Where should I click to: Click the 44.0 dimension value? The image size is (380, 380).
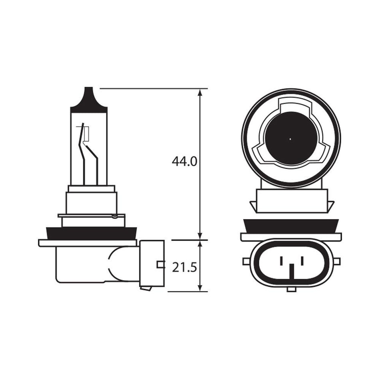tap(184, 161)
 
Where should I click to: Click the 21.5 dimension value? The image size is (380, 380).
tap(184, 267)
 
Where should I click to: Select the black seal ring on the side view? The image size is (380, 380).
tap(92, 233)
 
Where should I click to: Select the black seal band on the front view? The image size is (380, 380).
tap(291, 226)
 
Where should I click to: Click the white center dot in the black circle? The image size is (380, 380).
tap(290, 139)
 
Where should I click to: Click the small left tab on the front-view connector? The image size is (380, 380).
tap(246, 261)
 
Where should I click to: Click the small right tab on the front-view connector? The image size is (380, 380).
tap(336, 261)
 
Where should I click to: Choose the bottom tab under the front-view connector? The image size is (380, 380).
tap(292, 289)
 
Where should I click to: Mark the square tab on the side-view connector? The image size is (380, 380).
tap(160, 264)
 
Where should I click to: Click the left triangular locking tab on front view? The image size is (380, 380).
tap(253, 206)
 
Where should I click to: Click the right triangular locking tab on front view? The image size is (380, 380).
tap(330, 206)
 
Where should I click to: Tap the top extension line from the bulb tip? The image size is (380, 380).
tap(152, 88)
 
